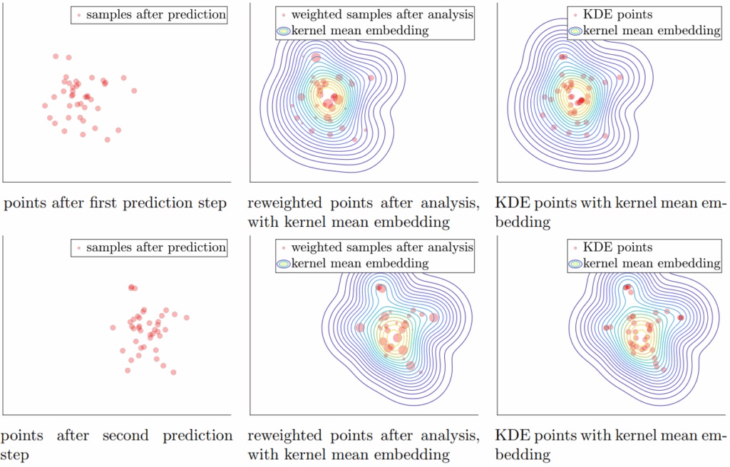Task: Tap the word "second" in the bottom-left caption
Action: pyautogui.click(x=125, y=436)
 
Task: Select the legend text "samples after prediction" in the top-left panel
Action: pyautogui.click(x=156, y=14)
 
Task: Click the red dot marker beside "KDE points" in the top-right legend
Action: pyautogui.click(x=575, y=16)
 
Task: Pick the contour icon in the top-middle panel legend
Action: pyautogui.click(x=284, y=31)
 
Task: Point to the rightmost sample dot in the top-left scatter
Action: pyautogui.click(x=134, y=91)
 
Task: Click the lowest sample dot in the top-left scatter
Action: pyautogui.click(x=108, y=140)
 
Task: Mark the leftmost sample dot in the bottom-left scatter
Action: pyautogui.click(x=113, y=328)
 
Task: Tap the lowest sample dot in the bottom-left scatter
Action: pyautogui.click(x=174, y=372)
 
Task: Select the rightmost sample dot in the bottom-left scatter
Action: pyautogui.click(x=187, y=317)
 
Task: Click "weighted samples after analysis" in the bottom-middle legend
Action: pyautogui.click(x=382, y=247)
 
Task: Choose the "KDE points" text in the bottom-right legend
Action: pyautogui.click(x=618, y=247)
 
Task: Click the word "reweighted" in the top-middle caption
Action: pyautogui.click(x=284, y=203)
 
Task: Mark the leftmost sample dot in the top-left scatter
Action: pyautogui.click(x=45, y=106)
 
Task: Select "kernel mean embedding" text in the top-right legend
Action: pyautogui.click(x=652, y=31)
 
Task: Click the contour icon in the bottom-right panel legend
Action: pyautogui.click(x=575, y=264)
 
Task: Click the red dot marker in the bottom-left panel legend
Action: pyautogui.click(x=79, y=248)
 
